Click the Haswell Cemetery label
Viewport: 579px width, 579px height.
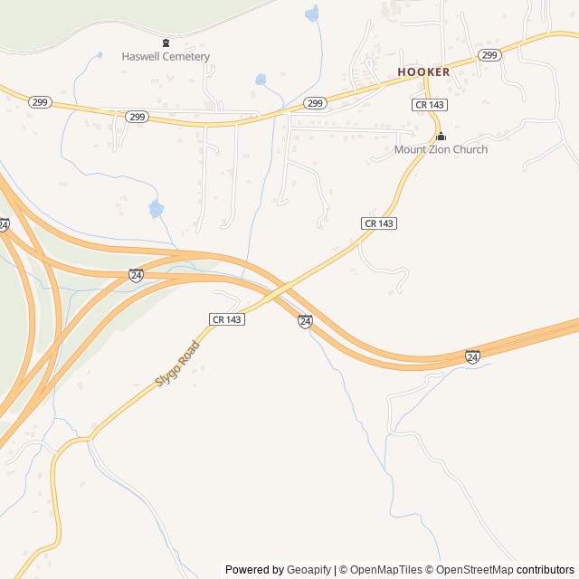click(166, 57)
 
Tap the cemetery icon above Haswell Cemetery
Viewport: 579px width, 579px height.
click(166, 43)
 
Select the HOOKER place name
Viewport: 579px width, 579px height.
click(422, 71)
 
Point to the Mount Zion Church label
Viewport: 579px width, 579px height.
click(441, 149)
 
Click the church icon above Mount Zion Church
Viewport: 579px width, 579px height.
click(441, 137)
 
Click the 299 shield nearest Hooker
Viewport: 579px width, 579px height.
click(489, 55)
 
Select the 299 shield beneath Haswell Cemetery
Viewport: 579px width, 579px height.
click(136, 117)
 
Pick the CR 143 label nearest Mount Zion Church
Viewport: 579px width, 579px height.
click(429, 105)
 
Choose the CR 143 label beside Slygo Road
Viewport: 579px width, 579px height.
click(226, 319)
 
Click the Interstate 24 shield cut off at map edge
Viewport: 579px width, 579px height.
click(4, 223)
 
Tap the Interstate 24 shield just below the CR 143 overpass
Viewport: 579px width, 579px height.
click(305, 321)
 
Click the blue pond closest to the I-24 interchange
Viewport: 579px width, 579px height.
click(157, 209)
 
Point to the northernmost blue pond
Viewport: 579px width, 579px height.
click(313, 14)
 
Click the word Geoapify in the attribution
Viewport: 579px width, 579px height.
click(309, 570)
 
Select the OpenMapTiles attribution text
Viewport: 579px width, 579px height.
click(385, 570)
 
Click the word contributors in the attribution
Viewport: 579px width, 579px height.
click(546, 570)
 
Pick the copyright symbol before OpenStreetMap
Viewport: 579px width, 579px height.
click(430, 570)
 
